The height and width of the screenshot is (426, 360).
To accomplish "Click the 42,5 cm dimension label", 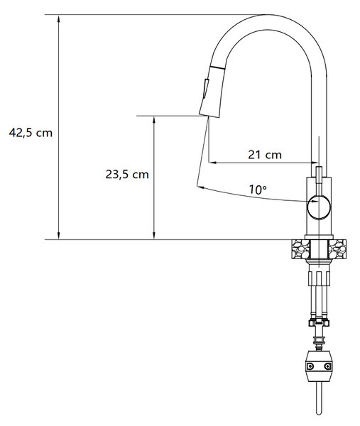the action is point(31,133).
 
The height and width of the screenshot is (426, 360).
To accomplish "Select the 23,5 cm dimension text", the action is point(127,175).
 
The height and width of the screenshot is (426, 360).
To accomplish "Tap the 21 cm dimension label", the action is point(265,155).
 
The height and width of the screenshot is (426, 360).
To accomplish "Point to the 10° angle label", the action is point(258,190).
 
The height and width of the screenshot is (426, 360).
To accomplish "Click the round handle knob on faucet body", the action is point(319,207).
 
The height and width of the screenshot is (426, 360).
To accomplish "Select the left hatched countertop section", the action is point(300,248).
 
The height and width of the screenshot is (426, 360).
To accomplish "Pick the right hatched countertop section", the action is point(337,248).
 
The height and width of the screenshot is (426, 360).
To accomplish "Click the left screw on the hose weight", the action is point(310,366).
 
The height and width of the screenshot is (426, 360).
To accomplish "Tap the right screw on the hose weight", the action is point(328,366).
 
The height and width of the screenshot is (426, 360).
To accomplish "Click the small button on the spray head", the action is point(206,89).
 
